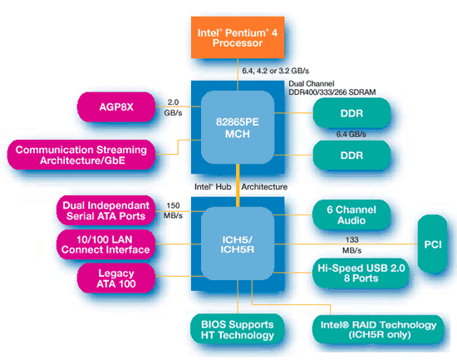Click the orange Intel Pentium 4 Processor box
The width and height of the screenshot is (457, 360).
click(x=238, y=37)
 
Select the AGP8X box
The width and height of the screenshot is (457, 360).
click(x=116, y=107)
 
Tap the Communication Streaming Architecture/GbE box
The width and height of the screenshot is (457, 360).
click(x=81, y=155)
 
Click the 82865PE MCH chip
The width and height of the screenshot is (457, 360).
click(x=238, y=127)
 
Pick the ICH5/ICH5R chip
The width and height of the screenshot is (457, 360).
click(x=238, y=244)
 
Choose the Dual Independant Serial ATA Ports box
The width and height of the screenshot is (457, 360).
click(x=106, y=210)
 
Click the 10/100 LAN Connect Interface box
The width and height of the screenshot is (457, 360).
click(x=106, y=244)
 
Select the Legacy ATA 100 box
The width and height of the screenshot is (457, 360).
click(x=116, y=279)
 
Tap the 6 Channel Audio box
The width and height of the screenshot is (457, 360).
click(x=351, y=215)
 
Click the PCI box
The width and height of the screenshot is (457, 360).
click(x=433, y=244)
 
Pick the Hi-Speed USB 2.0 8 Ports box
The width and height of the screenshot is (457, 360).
click(x=361, y=273)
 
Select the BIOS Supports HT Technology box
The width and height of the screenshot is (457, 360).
click(x=238, y=329)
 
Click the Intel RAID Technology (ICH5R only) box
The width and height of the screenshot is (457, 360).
click(x=378, y=329)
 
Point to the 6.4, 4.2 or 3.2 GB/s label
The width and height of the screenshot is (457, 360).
click(x=275, y=71)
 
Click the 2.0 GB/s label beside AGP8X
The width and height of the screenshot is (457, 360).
click(x=173, y=107)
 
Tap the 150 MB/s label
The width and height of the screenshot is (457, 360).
click(x=173, y=210)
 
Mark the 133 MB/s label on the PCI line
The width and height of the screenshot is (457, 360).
click(x=351, y=245)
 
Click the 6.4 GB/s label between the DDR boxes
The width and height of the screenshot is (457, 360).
click(x=351, y=134)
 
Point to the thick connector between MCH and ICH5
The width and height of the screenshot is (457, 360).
click(x=238, y=185)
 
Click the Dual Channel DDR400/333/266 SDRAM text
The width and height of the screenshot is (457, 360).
click(x=332, y=88)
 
